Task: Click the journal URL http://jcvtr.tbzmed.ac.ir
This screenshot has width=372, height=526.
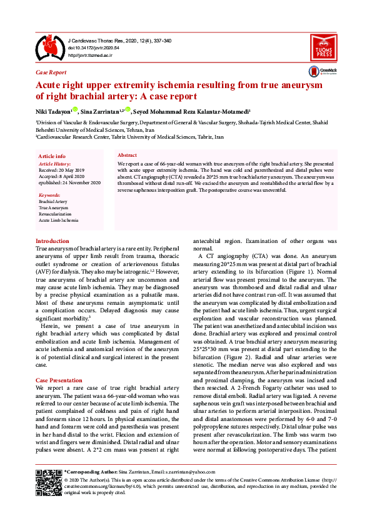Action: [x=89, y=56]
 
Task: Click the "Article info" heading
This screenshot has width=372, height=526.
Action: [x=52, y=156]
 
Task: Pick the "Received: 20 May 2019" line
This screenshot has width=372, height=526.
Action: [x=62, y=170]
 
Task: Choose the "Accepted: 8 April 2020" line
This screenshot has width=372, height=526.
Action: [x=61, y=176]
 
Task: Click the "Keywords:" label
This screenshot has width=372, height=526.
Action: [x=49, y=196]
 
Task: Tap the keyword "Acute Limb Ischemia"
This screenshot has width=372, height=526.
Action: [x=59, y=221]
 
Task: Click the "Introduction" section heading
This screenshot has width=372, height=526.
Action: [x=53, y=241]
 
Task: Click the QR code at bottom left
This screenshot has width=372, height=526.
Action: [x=48, y=482]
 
